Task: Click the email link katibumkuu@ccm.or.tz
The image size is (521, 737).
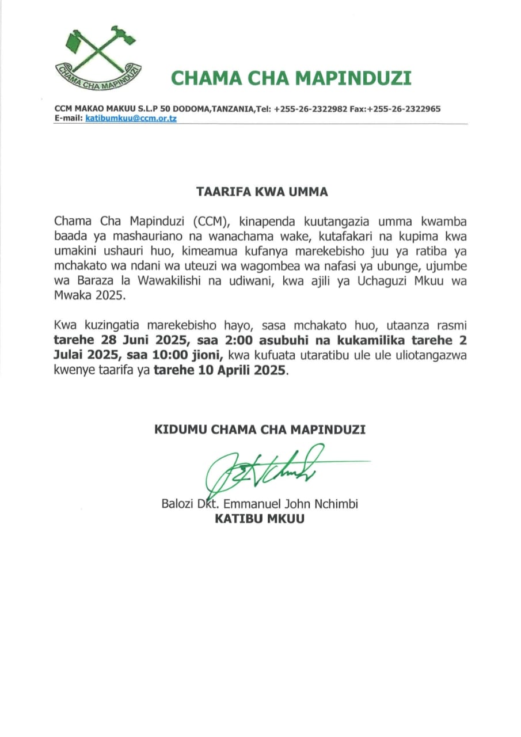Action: (131, 118)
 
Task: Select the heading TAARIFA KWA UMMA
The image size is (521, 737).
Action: (262, 192)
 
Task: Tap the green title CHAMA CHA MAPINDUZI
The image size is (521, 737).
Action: (291, 78)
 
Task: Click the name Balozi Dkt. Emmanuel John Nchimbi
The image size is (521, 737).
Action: (260, 504)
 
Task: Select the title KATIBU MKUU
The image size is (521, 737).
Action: (260, 519)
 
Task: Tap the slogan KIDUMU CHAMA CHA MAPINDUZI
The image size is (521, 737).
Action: (260, 430)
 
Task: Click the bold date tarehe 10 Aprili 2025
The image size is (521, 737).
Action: (220, 371)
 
